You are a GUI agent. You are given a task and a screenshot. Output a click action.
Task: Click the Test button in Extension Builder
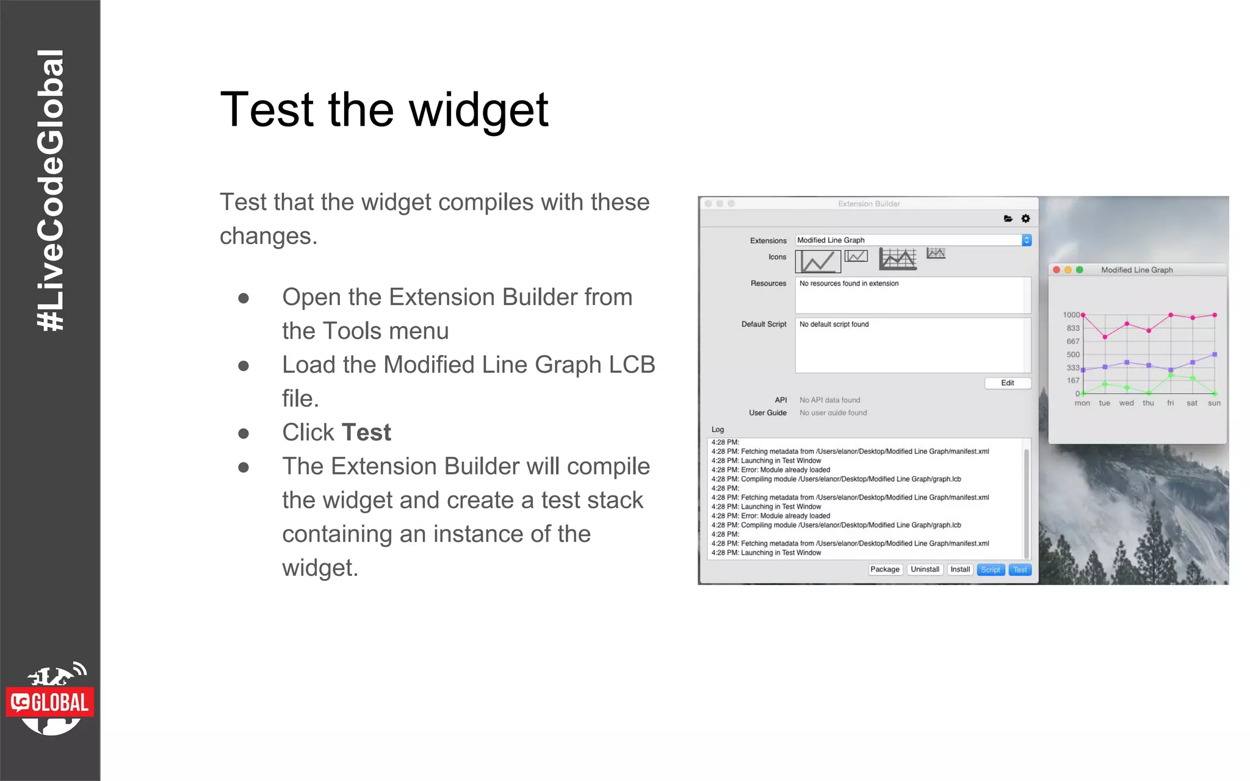(x=1020, y=570)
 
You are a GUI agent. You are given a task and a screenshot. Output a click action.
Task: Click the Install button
(x=960, y=570)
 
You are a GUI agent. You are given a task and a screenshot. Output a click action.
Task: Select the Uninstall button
(x=925, y=570)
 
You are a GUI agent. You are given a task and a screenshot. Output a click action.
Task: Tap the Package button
(x=885, y=570)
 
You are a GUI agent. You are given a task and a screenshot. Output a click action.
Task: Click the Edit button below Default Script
(x=1008, y=383)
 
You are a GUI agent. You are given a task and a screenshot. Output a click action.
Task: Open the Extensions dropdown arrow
(x=1027, y=240)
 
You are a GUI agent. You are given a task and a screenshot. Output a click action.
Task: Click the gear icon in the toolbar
(x=1026, y=218)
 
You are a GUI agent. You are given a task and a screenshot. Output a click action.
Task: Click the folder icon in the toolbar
(x=1008, y=218)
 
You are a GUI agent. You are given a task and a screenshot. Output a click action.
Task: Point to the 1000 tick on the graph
(x=1071, y=315)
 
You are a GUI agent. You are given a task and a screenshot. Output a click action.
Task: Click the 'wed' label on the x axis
(x=1127, y=403)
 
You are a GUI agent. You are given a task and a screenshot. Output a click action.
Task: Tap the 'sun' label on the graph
(x=1215, y=403)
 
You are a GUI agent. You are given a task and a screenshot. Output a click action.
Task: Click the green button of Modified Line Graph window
(x=1080, y=270)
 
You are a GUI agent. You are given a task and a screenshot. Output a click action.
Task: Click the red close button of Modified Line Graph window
(x=1057, y=270)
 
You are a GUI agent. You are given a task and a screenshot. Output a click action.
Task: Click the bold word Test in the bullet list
(x=366, y=433)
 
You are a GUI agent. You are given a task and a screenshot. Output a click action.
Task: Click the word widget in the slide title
(x=479, y=110)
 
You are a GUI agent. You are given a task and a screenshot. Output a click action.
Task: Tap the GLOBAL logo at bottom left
(x=50, y=702)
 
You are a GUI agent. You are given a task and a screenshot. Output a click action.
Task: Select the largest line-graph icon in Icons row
(x=898, y=259)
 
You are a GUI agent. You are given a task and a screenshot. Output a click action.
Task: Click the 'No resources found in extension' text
(x=849, y=284)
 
